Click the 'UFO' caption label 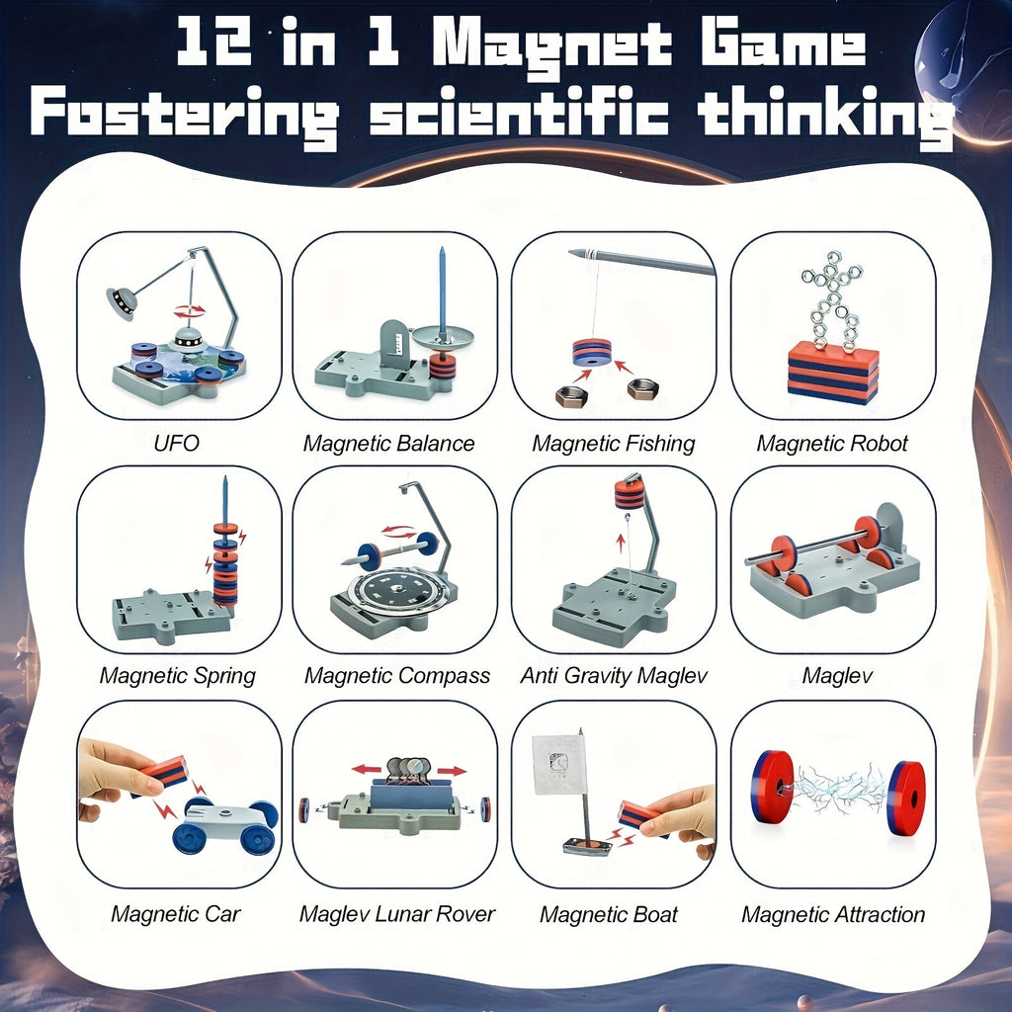176,443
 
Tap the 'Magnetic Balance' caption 388,443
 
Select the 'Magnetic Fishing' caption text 613,443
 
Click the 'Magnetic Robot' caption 831,443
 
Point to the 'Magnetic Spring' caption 177,676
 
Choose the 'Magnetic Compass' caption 396,676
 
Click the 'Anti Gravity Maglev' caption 614,676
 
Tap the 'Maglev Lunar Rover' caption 396,914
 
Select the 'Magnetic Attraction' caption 833,914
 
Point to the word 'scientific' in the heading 519,116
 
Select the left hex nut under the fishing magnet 571,396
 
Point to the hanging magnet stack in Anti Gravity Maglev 629,493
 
